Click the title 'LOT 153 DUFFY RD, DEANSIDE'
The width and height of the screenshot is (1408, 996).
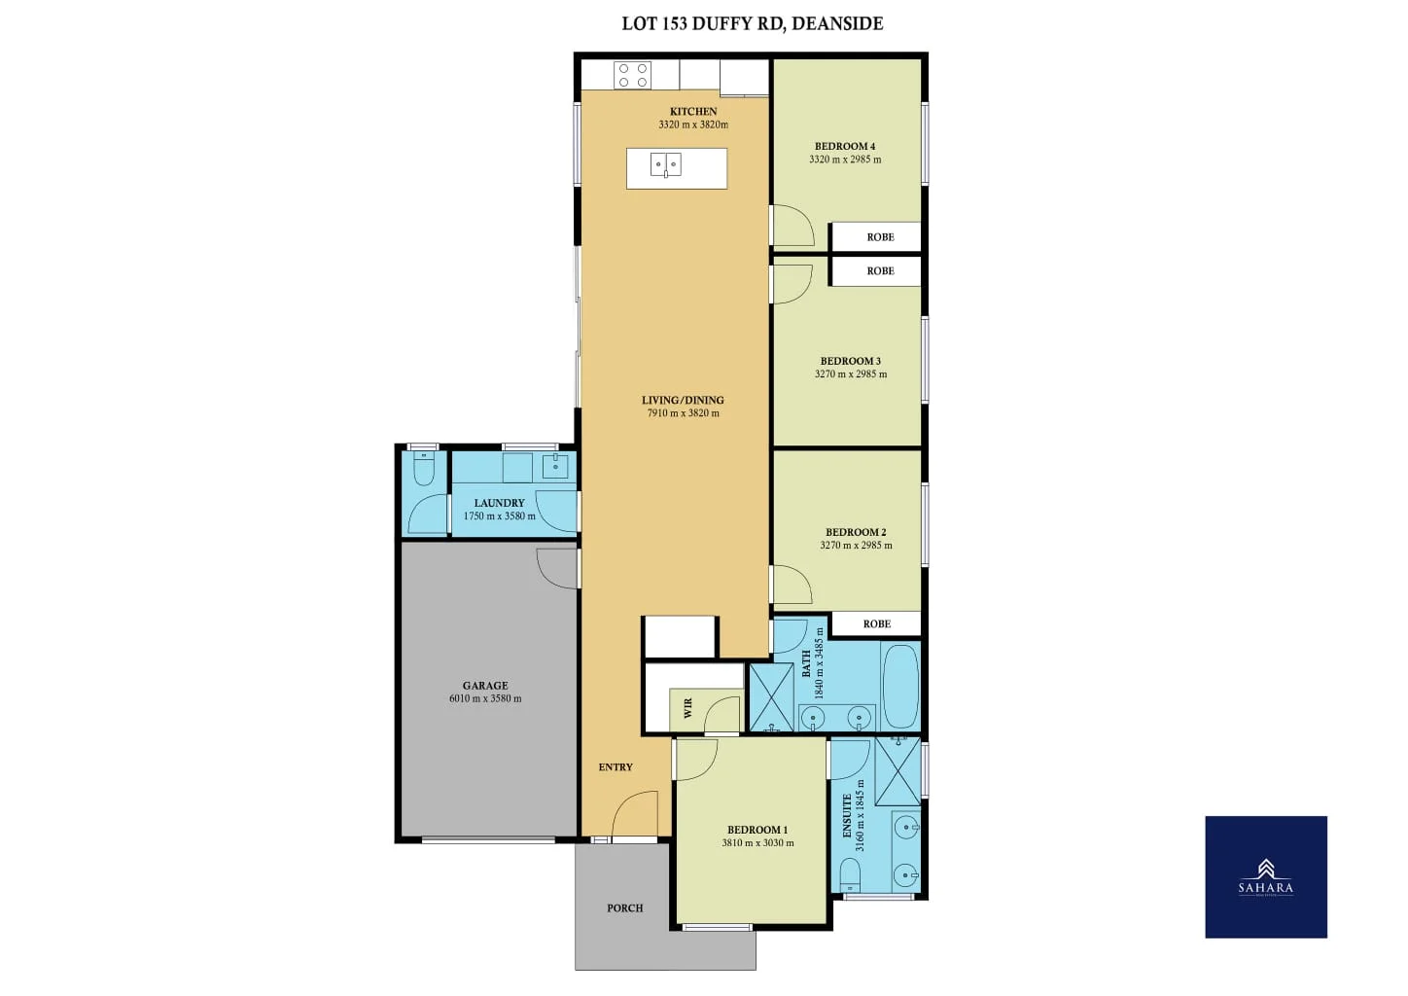[x=752, y=23]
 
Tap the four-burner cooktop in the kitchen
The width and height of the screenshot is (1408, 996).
[x=633, y=76]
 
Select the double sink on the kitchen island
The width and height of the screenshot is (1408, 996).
[x=666, y=165]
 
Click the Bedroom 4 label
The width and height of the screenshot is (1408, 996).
[x=844, y=146]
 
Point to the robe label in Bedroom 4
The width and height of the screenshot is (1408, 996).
[x=880, y=237]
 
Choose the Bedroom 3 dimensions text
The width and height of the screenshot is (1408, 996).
[x=850, y=374]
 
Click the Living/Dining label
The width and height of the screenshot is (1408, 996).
[x=683, y=400]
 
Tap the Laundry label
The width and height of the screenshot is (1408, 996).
[x=499, y=503]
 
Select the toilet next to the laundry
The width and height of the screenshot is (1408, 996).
[x=424, y=470]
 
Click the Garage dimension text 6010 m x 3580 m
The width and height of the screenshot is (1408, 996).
[x=484, y=698]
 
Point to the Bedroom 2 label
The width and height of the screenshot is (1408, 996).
[x=856, y=532]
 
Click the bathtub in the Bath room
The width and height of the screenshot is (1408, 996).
[x=899, y=686]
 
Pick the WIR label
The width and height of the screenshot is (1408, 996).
[x=688, y=708]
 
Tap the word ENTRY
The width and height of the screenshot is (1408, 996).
[x=616, y=767]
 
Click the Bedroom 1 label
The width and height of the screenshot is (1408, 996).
[x=757, y=830]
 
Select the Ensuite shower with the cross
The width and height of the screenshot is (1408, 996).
[x=898, y=771]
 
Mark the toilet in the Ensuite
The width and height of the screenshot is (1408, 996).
[x=850, y=875]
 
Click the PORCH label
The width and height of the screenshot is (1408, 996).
[x=624, y=908]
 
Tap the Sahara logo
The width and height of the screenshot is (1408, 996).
[x=1265, y=876]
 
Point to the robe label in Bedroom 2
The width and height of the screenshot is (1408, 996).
[x=876, y=624]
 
